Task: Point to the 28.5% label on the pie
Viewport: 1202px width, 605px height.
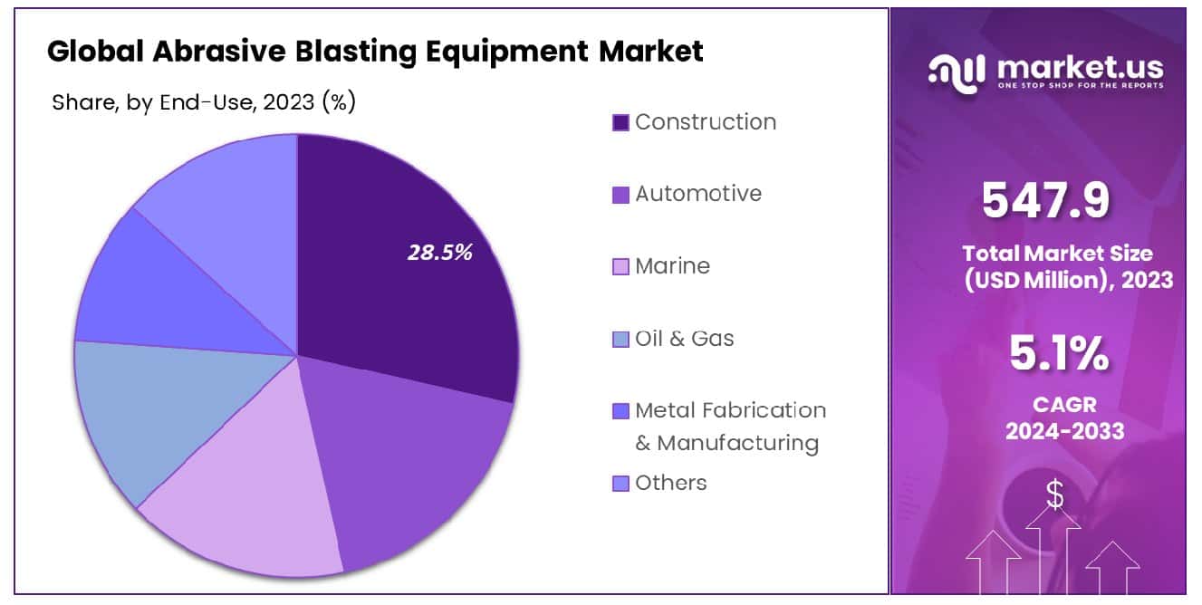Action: [439, 253]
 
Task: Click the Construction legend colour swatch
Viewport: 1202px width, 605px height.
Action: [620, 122]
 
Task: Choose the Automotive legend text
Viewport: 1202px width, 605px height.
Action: [698, 193]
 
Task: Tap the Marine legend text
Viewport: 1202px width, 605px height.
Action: [672, 265]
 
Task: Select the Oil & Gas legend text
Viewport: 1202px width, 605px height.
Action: [685, 338]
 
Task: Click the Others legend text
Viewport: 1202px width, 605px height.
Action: [671, 483]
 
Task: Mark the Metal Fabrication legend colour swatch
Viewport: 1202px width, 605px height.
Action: [620, 411]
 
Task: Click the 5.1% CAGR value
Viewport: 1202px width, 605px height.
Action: [1058, 353]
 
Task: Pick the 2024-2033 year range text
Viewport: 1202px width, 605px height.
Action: [1063, 431]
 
